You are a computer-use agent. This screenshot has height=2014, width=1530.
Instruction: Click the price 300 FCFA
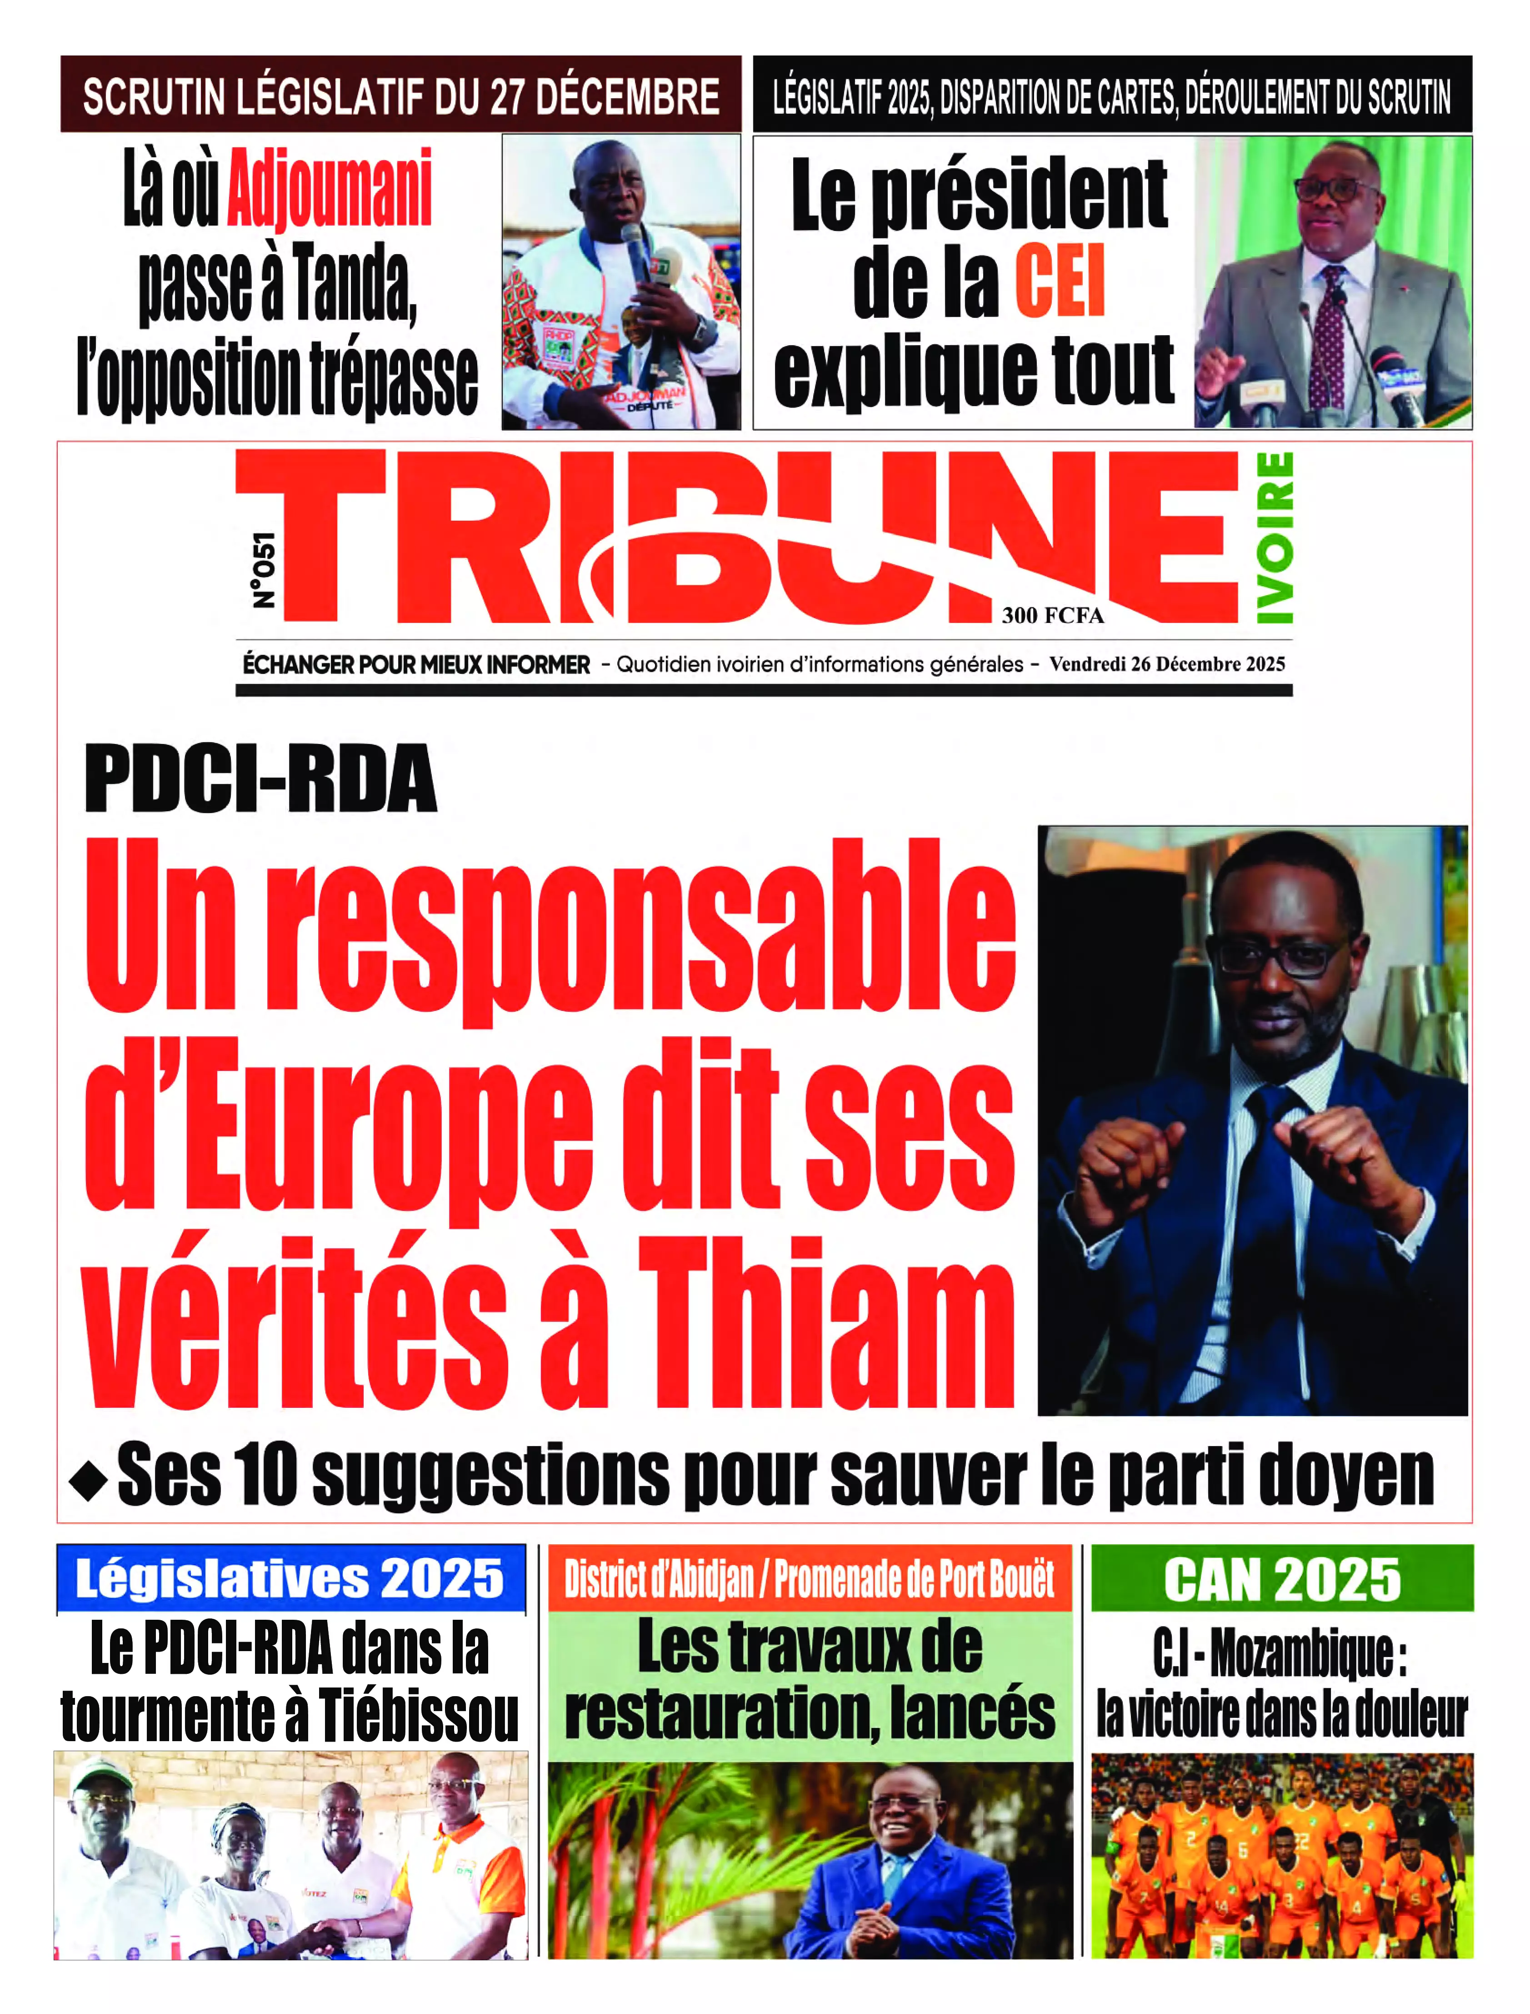point(1053,616)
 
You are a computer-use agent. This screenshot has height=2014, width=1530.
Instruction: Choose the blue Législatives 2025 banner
point(290,1578)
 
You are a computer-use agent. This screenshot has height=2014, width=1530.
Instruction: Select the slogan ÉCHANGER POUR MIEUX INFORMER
point(416,665)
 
